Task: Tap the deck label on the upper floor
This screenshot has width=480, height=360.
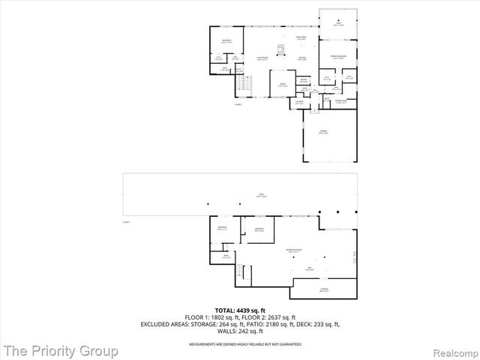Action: (338, 24)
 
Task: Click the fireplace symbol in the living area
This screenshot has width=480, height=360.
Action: (282, 51)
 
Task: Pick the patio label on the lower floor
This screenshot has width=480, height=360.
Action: (241, 194)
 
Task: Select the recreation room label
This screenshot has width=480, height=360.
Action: (293, 248)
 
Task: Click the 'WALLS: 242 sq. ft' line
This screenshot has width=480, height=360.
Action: (240, 331)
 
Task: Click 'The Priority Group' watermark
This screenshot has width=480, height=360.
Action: (60, 350)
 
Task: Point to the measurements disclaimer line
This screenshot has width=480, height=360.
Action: (240, 343)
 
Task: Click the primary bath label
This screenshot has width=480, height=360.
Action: (341, 103)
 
